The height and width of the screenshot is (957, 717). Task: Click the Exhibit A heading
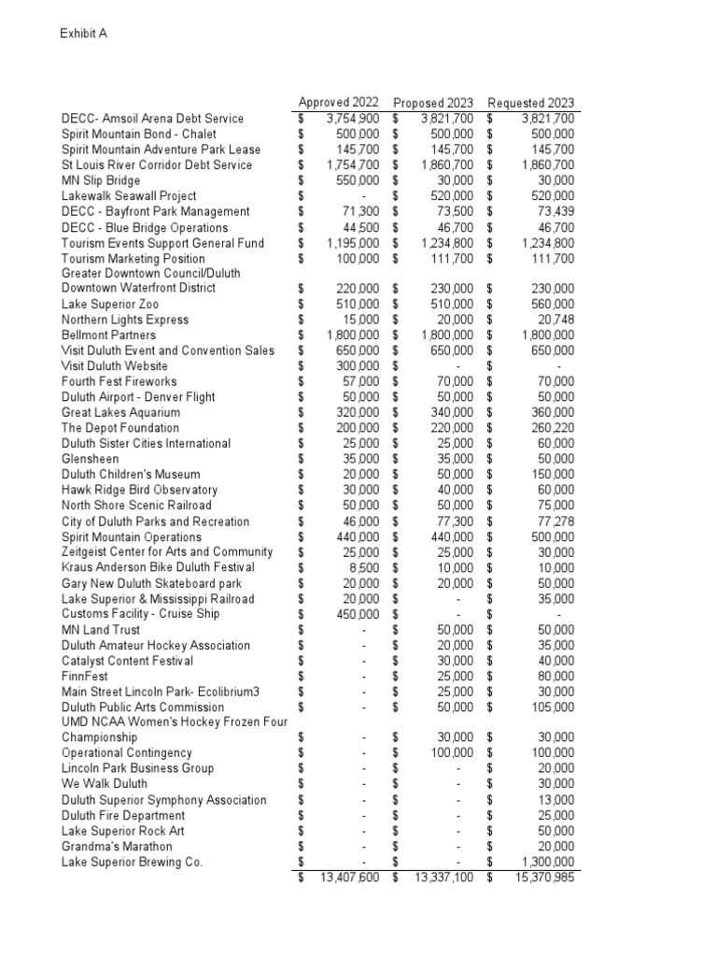coord(84,34)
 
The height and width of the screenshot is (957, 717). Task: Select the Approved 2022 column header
coord(338,102)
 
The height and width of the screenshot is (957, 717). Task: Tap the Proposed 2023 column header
coord(433,102)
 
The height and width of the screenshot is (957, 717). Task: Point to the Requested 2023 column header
coord(531,102)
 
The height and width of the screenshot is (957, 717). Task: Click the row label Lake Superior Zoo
coord(110,304)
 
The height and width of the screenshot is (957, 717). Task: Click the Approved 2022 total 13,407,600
coord(349,878)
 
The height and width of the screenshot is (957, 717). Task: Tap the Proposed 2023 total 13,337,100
coord(444,878)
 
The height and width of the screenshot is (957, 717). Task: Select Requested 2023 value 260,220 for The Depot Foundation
coord(551,428)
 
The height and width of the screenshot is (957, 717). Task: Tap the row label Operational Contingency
coord(127,753)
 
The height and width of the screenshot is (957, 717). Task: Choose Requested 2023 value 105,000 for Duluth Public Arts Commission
coord(551,707)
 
